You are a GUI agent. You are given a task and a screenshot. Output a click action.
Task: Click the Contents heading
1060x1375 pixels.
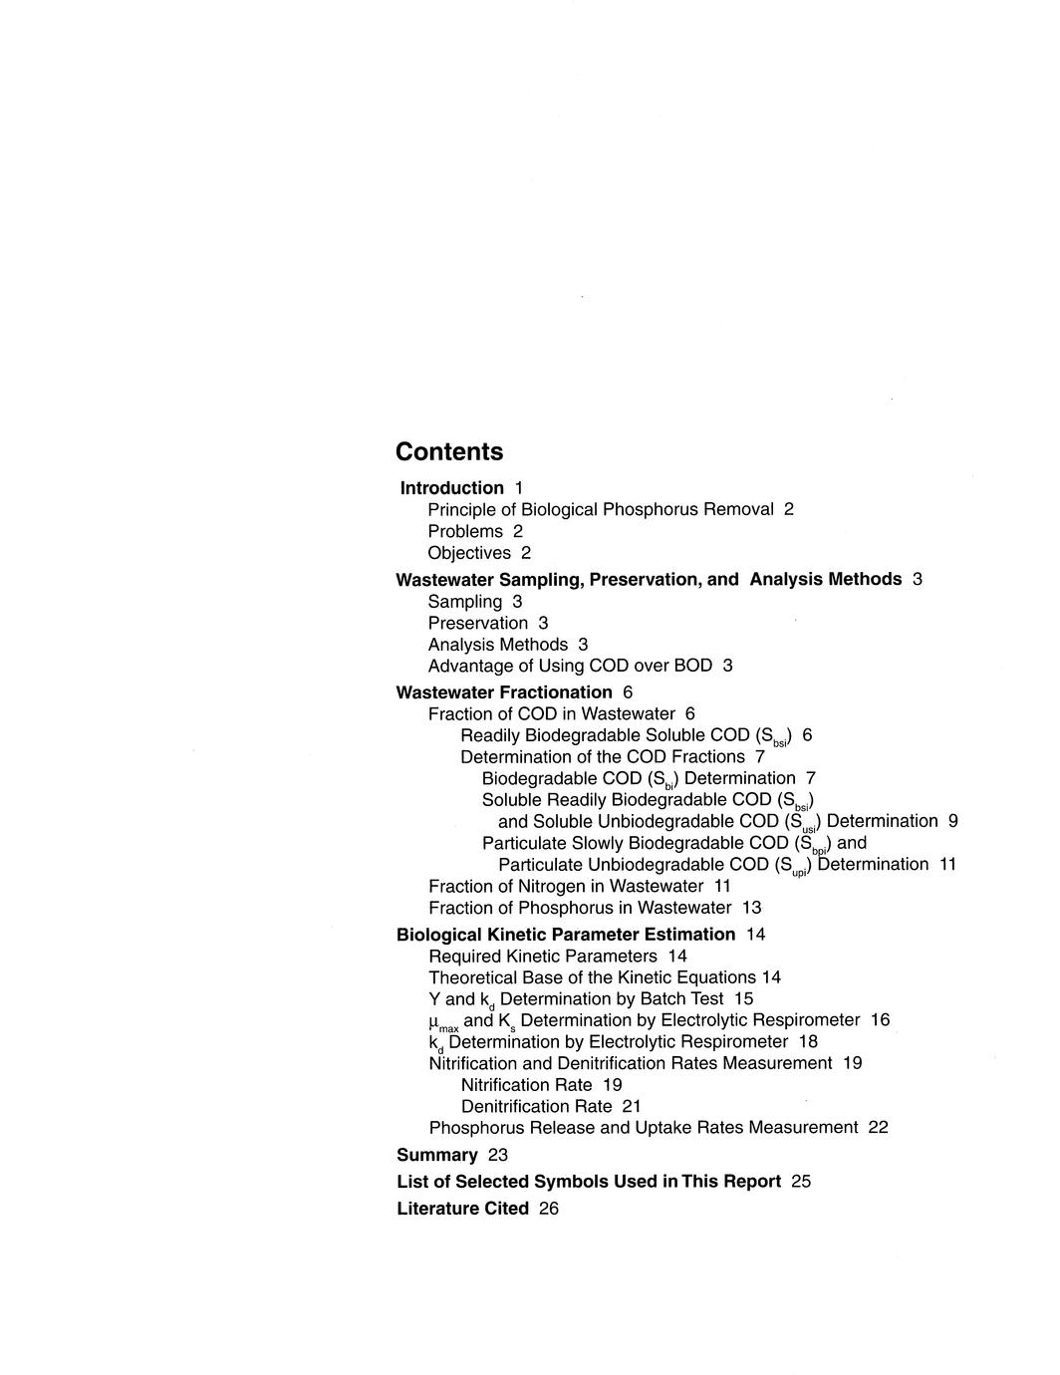[x=449, y=452]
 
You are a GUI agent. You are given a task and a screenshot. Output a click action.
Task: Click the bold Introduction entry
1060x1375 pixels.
[x=452, y=488]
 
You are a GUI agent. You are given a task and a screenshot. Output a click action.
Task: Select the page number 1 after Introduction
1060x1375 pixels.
[x=519, y=488]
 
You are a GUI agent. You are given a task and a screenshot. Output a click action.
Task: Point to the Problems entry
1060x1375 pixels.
[x=465, y=532]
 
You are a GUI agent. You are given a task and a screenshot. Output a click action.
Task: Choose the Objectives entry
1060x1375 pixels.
[x=469, y=553]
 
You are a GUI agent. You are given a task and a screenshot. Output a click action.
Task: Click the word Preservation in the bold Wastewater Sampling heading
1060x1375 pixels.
[x=645, y=580]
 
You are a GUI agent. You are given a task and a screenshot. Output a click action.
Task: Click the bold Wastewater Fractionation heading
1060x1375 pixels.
[x=504, y=692]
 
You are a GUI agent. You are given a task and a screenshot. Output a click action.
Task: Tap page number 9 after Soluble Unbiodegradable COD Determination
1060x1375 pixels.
[x=953, y=821]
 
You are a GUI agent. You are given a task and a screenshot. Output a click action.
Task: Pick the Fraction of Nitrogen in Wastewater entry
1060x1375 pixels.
[x=566, y=887]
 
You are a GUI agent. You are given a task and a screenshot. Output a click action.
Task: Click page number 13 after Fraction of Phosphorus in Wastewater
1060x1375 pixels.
[x=752, y=908]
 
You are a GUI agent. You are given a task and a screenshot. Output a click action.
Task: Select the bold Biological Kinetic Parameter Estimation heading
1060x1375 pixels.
[x=566, y=935]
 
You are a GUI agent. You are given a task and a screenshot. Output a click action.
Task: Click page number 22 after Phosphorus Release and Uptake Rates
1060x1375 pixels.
[x=878, y=1128]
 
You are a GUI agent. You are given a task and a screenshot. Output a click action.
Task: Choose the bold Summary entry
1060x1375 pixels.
[x=437, y=1156]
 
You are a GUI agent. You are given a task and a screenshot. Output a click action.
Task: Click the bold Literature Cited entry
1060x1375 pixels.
[x=462, y=1209]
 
